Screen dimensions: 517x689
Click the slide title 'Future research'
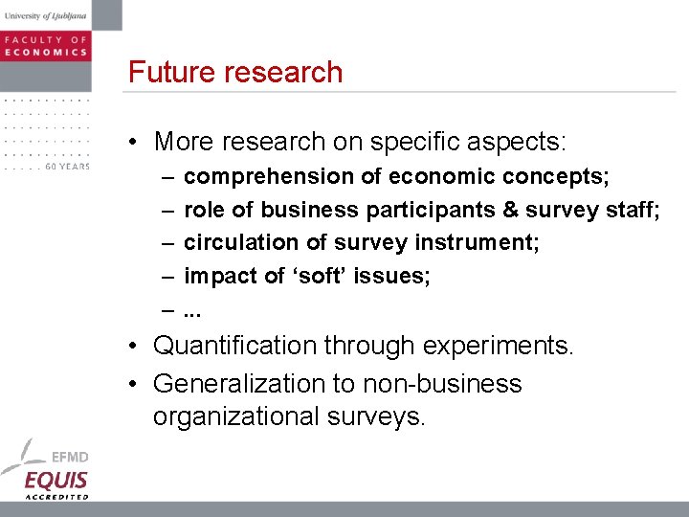[235, 73]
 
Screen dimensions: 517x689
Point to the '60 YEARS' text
[68, 167]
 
